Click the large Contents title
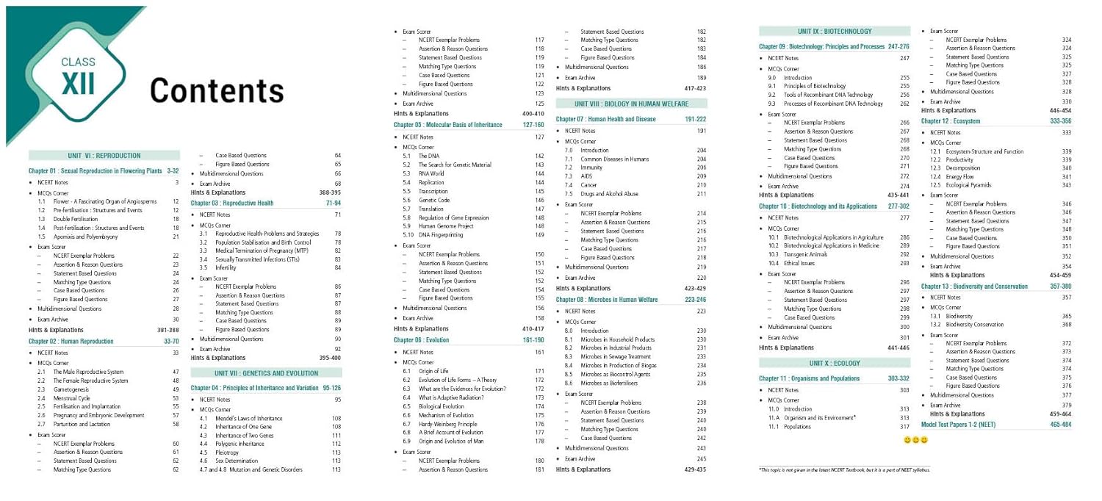pyautogui.click(x=217, y=90)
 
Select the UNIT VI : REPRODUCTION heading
pyautogui.click(x=104, y=156)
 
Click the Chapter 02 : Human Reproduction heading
pyautogui.click(x=71, y=342)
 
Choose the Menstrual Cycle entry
pyautogui.click(x=73, y=398)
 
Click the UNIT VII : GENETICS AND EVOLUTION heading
pyautogui.click(x=266, y=373)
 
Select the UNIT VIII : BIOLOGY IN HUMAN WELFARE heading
pyautogui.click(x=631, y=104)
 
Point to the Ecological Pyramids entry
pyautogui.click(x=970, y=185)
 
